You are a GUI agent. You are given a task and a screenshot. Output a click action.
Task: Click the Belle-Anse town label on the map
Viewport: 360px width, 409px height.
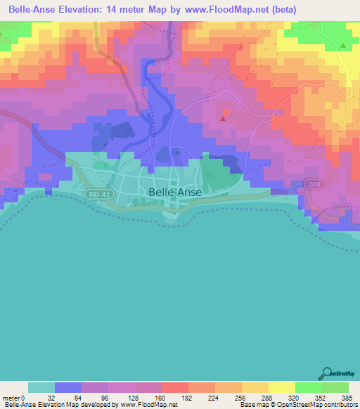(x=174, y=190)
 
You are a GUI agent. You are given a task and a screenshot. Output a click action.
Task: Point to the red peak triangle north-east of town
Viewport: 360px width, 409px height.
(x=223, y=118)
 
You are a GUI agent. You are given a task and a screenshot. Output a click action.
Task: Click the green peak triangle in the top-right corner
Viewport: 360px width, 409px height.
(x=343, y=46)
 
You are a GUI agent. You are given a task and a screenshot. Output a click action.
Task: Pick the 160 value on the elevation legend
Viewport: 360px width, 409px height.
(x=161, y=397)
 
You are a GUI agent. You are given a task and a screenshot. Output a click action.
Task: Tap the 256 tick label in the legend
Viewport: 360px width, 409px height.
(x=241, y=397)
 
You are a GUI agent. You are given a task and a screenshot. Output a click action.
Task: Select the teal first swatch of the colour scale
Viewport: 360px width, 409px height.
(x=41, y=387)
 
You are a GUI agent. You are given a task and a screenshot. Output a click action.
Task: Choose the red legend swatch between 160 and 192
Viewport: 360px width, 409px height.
(x=174, y=387)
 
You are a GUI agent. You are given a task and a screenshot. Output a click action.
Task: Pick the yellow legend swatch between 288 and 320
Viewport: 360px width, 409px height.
(x=281, y=387)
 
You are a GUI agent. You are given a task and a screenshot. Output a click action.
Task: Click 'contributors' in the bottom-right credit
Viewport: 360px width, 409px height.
(x=339, y=405)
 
